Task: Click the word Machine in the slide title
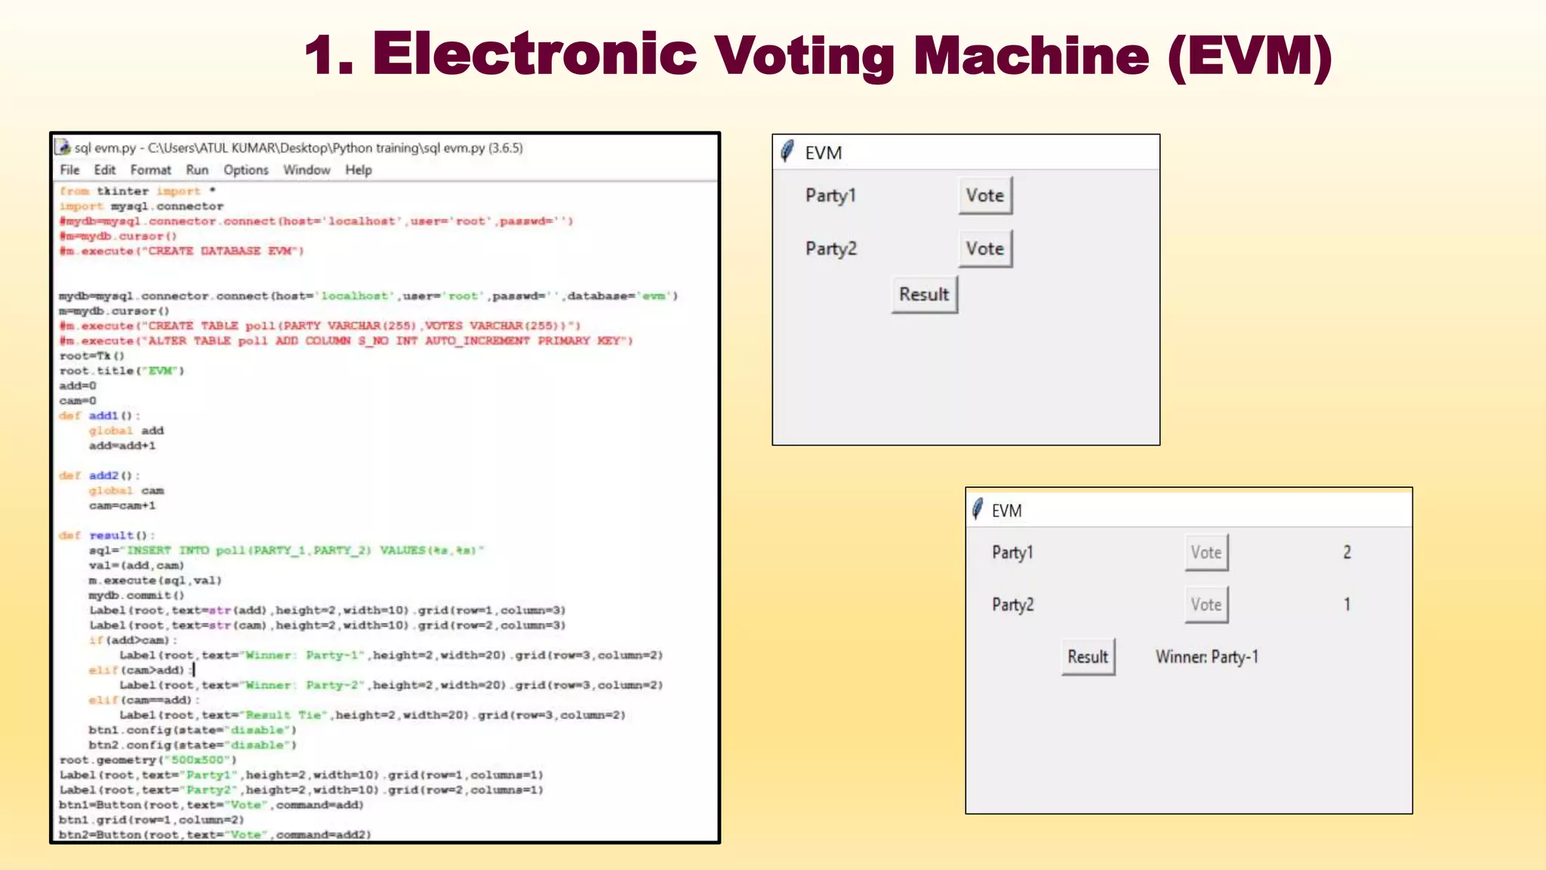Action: click(1031, 56)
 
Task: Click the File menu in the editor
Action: click(69, 170)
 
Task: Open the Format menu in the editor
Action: click(150, 170)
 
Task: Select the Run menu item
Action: click(197, 170)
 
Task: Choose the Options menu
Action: click(245, 170)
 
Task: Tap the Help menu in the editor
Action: click(359, 170)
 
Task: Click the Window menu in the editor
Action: click(306, 170)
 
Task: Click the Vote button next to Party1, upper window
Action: click(985, 196)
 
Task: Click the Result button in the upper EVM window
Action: click(924, 295)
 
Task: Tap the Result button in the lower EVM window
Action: click(1088, 657)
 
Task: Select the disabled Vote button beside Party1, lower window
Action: click(1206, 553)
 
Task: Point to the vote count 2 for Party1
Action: click(1347, 553)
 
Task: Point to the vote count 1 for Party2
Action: click(1347, 604)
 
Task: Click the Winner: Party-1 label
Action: click(1206, 657)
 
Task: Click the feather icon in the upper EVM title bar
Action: click(787, 151)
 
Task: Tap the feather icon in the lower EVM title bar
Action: click(978, 509)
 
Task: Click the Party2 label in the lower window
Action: click(1012, 605)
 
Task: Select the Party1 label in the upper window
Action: click(830, 196)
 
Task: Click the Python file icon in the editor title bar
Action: click(63, 147)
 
